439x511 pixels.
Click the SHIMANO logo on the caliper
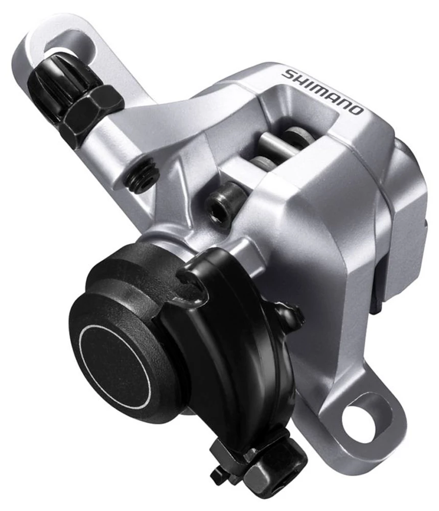coord(323,91)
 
